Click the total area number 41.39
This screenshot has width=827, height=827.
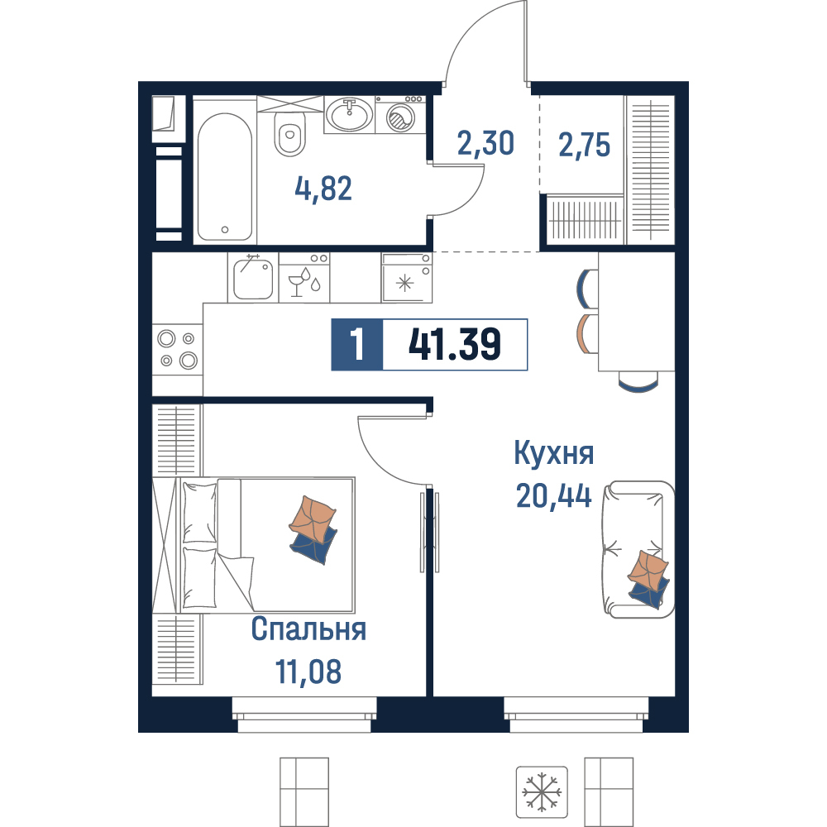coord(455,344)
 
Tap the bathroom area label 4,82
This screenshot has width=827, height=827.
coord(323,189)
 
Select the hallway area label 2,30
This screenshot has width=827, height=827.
coord(485,143)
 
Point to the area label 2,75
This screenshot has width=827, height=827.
coord(585,145)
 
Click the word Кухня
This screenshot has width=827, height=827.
coord(554,453)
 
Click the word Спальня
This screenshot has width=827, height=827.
coord(308,629)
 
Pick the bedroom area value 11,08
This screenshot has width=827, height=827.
coord(308,672)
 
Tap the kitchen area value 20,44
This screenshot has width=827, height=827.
coord(554,495)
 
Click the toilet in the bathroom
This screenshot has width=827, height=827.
coord(289,135)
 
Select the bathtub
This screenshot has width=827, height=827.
coord(225,177)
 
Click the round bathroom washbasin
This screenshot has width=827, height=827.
coord(349,114)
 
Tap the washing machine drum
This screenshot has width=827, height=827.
coord(401,117)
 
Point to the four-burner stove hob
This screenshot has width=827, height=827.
coord(178,349)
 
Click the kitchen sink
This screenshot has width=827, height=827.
coord(253,277)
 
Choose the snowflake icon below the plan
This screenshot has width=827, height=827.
coord(542,792)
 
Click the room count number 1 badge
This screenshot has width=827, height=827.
coord(357,344)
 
